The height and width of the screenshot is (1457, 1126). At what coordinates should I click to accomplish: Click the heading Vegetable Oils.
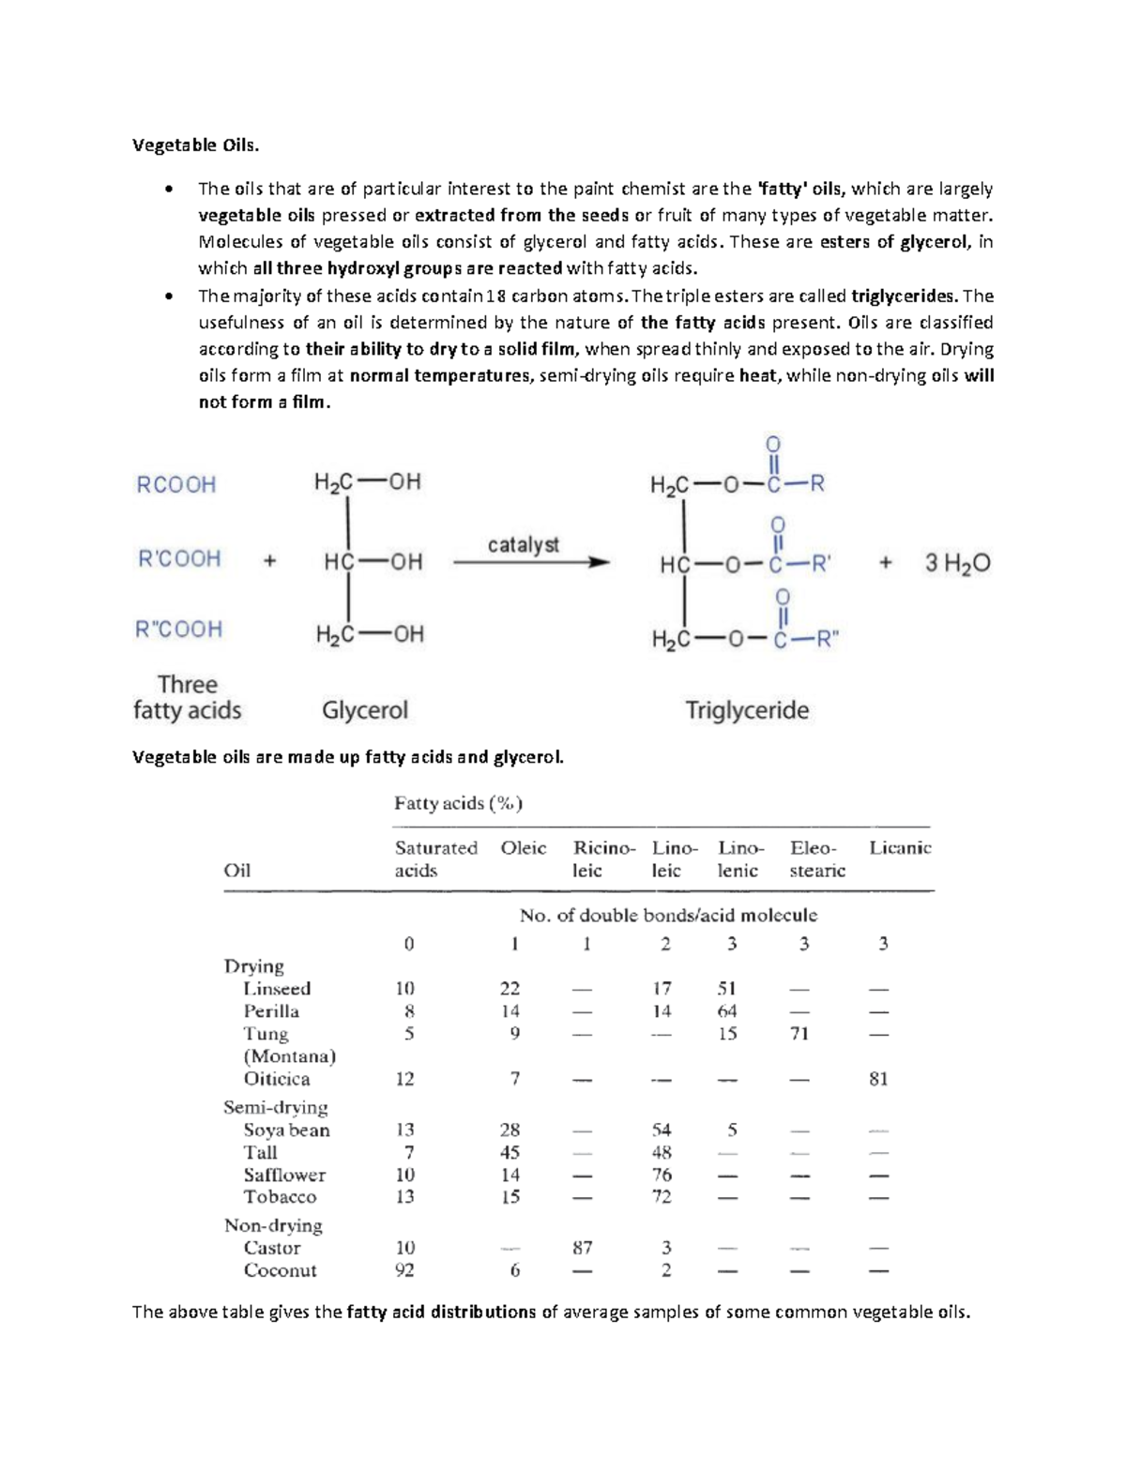click(194, 145)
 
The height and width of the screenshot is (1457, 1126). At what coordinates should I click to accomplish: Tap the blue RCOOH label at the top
click(176, 485)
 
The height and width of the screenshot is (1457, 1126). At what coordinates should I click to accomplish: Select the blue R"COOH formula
click(179, 629)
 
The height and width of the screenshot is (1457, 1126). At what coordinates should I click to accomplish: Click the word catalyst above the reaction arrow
click(523, 544)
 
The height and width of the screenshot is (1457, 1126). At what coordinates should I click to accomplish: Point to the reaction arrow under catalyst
click(531, 563)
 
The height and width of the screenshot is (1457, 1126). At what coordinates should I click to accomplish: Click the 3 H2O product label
click(957, 563)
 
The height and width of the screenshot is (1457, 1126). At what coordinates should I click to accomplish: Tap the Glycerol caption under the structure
click(365, 710)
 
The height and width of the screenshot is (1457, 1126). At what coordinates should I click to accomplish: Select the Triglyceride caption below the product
click(747, 710)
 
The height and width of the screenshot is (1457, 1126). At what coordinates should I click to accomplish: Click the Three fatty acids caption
click(187, 697)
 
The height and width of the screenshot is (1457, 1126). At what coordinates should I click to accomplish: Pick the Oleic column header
click(523, 848)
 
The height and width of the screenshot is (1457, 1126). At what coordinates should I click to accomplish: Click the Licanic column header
click(900, 848)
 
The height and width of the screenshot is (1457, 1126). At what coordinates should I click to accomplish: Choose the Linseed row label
click(277, 989)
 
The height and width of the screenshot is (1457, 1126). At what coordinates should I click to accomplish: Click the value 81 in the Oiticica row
click(878, 1079)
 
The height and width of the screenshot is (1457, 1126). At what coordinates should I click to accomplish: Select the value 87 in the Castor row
click(582, 1248)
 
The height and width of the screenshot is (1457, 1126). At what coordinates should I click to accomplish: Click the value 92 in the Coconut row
click(405, 1270)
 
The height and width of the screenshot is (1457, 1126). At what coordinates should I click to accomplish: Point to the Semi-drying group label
click(275, 1107)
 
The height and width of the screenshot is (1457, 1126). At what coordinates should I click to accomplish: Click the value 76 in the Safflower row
click(662, 1175)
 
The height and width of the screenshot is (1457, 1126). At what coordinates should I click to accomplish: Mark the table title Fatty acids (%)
click(458, 803)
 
